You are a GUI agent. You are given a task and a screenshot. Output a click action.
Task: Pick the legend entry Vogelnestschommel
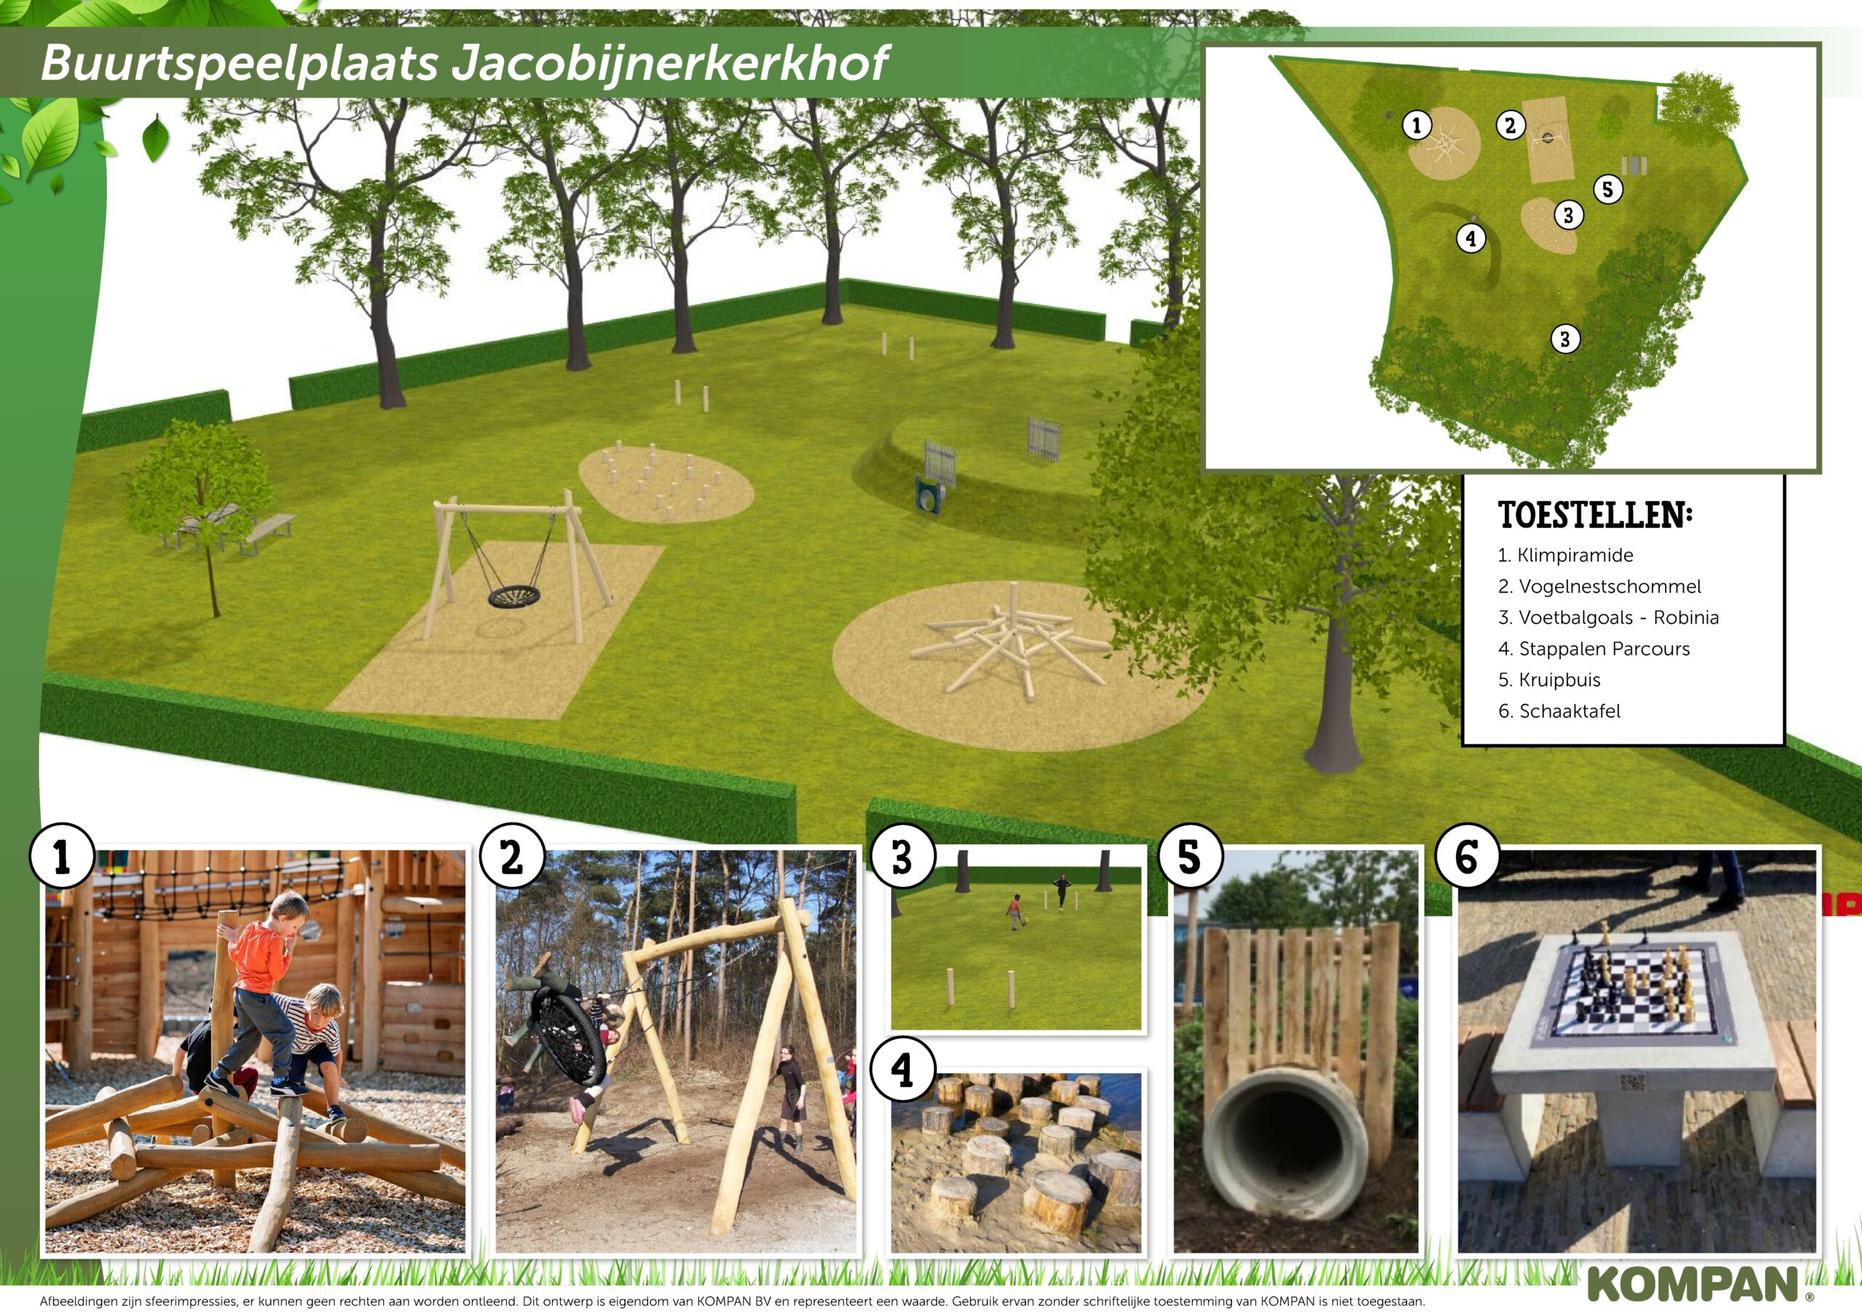pos(1599,586)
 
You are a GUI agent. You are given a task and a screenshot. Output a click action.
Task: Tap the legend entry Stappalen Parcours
pos(1594,649)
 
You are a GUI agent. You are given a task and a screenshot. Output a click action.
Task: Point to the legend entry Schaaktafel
pos(1559,711)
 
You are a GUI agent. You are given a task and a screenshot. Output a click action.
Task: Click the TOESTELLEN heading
pos(1595,515)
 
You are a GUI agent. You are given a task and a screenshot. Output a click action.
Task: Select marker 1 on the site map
pos(1417,125)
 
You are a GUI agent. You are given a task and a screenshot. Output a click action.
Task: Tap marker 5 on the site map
pos(1608,190)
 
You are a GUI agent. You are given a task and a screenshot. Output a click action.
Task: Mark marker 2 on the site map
pos(1510,125)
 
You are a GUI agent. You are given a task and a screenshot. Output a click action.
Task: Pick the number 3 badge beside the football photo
pos(903,857)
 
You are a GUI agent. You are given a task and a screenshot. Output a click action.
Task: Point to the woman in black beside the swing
pos(790,1097)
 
